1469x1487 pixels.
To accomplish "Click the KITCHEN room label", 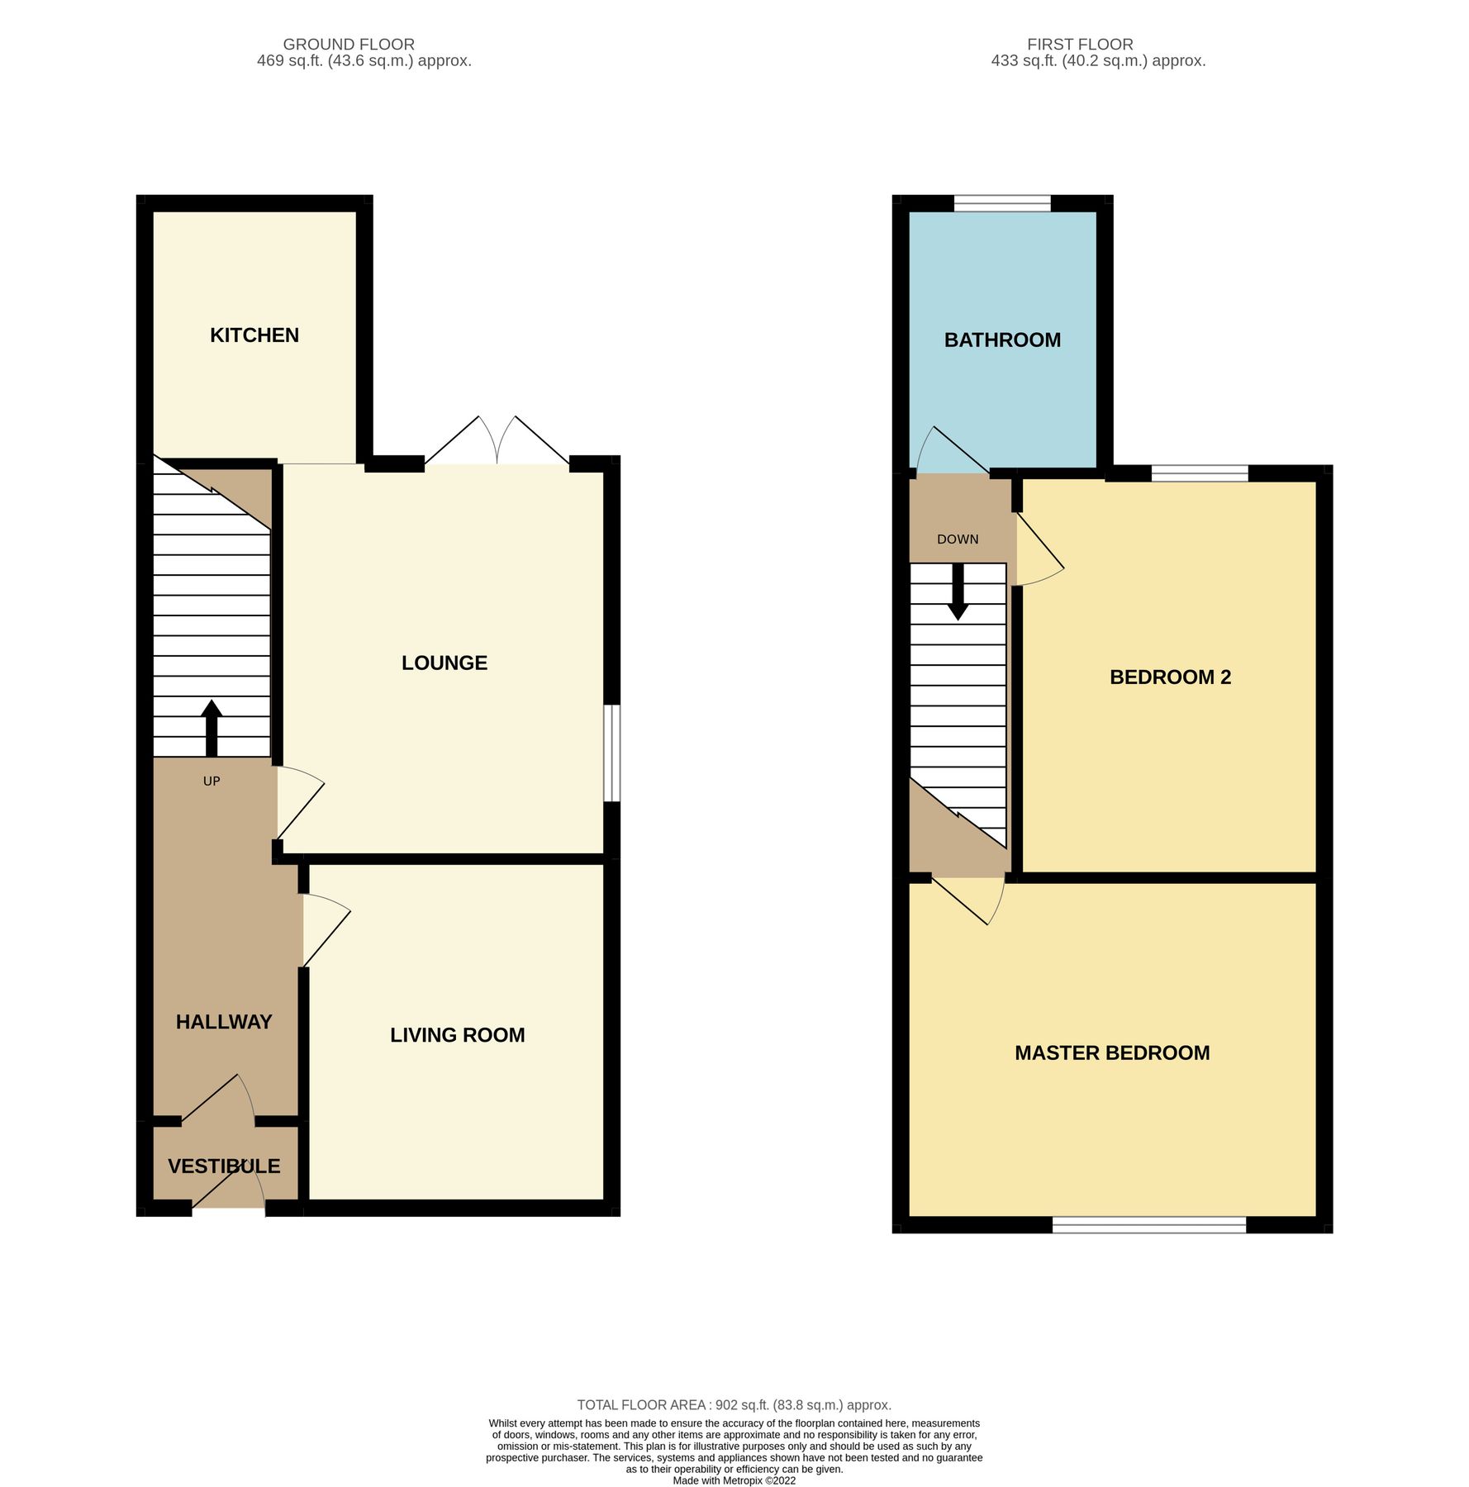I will click(x=254, y=335).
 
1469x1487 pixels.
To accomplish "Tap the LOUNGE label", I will click(x=444, y=663).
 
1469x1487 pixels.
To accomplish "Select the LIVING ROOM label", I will click(x=457, y=1035).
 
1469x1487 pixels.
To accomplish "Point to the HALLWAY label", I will click(x=224, y=1022).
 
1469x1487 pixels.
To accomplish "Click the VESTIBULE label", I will click(x=224, y=1166).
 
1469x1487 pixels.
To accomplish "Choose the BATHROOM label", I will click(x=1002, y=340).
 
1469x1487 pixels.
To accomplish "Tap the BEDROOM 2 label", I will click(x=1170, y=677).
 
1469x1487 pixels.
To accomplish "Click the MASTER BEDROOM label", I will click(x=1112, y=1053).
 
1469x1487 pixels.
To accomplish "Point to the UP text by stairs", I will click(x=212, y=781).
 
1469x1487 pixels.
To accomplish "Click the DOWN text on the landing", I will click(x=958, y=539).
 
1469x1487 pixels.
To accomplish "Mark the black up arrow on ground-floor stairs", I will click(x=212, y=727).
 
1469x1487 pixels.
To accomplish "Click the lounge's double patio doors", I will click(x=497, y=446).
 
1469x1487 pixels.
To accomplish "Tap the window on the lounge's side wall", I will click(x=611, y=753).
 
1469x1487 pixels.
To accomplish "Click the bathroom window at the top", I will click(x=1001, y=203).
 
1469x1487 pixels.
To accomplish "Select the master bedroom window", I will click(x=1148, y=1225).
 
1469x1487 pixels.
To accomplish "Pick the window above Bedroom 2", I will click(x=1199, y=473).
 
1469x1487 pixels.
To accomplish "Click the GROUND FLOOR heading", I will click(x=349, y=44).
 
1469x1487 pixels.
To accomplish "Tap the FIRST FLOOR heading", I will click(x=1080, y=44).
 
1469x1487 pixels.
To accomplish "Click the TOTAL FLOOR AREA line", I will click(x=734, y=1405).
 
